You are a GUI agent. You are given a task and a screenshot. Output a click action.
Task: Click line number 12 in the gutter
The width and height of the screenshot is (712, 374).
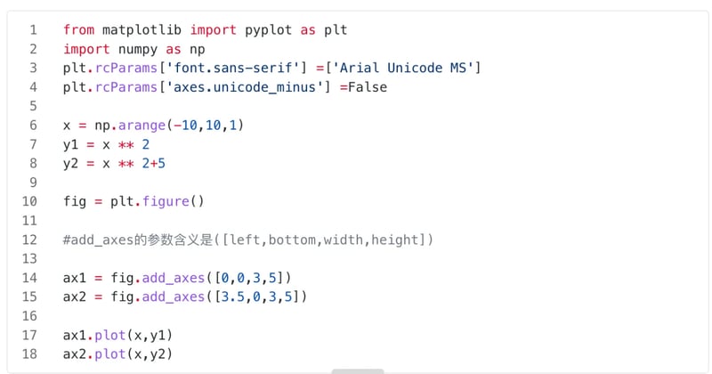29,240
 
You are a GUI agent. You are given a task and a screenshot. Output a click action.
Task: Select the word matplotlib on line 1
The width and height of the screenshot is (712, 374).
142,30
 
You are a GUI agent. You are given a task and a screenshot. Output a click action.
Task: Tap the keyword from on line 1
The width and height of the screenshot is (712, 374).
78,30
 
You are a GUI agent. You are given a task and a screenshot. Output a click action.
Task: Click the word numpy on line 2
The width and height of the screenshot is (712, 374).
138,49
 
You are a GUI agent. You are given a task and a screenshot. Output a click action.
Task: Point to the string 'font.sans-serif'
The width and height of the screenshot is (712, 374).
233,69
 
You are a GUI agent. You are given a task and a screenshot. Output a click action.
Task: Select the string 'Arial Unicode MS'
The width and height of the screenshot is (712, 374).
403,69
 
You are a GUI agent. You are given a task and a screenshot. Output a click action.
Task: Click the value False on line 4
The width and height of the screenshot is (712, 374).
368,87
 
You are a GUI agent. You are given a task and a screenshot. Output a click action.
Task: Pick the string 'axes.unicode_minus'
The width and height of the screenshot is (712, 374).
245,87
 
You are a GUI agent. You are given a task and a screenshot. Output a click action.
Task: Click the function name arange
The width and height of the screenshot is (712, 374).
142,126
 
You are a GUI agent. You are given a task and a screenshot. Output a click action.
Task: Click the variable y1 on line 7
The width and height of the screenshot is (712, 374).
70,144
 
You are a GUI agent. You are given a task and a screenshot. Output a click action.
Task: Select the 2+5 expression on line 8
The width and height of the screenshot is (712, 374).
153,164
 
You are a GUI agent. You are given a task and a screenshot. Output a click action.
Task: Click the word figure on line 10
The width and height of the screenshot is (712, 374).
166,201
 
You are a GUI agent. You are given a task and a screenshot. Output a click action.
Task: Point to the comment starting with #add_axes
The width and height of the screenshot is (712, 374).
248,240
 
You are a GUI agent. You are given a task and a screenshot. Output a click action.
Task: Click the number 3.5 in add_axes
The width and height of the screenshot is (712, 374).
233,297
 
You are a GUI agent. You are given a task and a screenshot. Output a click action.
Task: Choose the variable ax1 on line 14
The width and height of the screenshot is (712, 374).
75,278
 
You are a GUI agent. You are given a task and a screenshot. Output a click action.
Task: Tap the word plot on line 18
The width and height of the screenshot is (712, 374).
109,354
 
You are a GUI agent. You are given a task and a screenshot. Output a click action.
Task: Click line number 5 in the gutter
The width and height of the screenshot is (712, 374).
33,106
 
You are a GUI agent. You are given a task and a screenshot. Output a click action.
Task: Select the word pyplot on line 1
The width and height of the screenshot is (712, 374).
269,30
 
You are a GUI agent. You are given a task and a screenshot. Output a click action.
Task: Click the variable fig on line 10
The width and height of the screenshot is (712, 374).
75,201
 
